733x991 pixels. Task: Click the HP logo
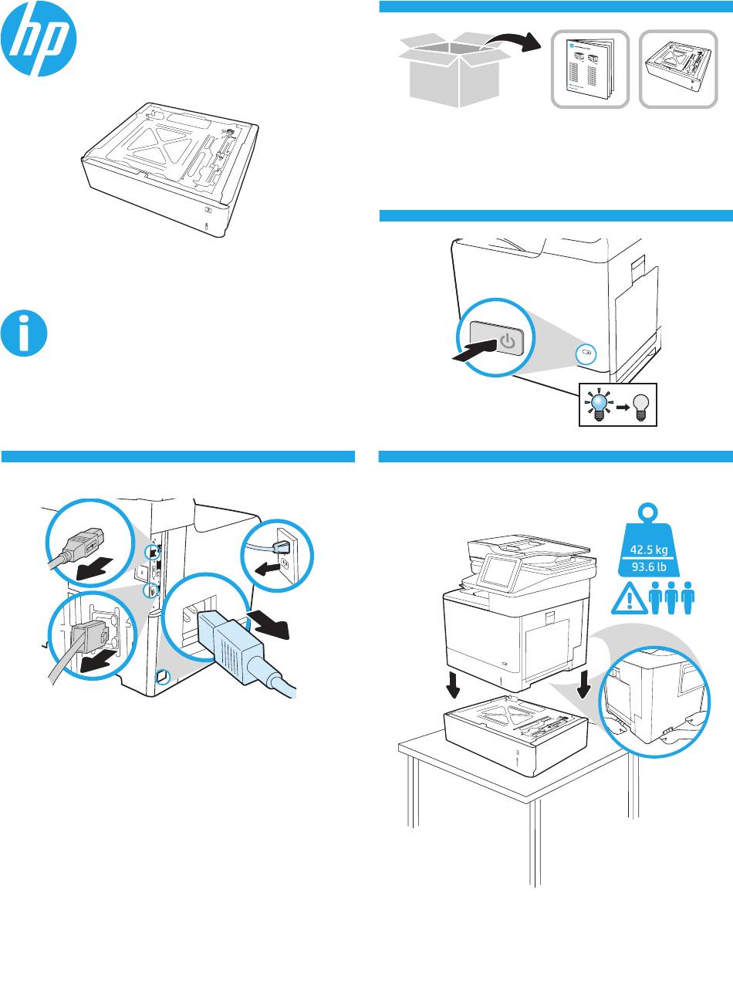click(x=39, y=39)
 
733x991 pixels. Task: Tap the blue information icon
click(x=24, y=333)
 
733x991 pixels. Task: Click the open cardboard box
click(x=454, y=69)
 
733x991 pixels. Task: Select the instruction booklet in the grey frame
click(x=590, y=69)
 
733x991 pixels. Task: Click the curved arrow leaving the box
click(x=514, y=41)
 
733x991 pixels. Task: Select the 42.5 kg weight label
click(x=649, y=549)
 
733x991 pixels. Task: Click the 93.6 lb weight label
click(x=649, y=567)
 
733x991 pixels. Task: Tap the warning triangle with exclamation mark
click(x=630, y=599)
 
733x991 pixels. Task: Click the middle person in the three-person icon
click(x=671, y=597)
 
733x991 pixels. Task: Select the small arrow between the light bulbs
click(x=623, y=408)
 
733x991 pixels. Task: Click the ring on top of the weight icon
click(x=648, y=512)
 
